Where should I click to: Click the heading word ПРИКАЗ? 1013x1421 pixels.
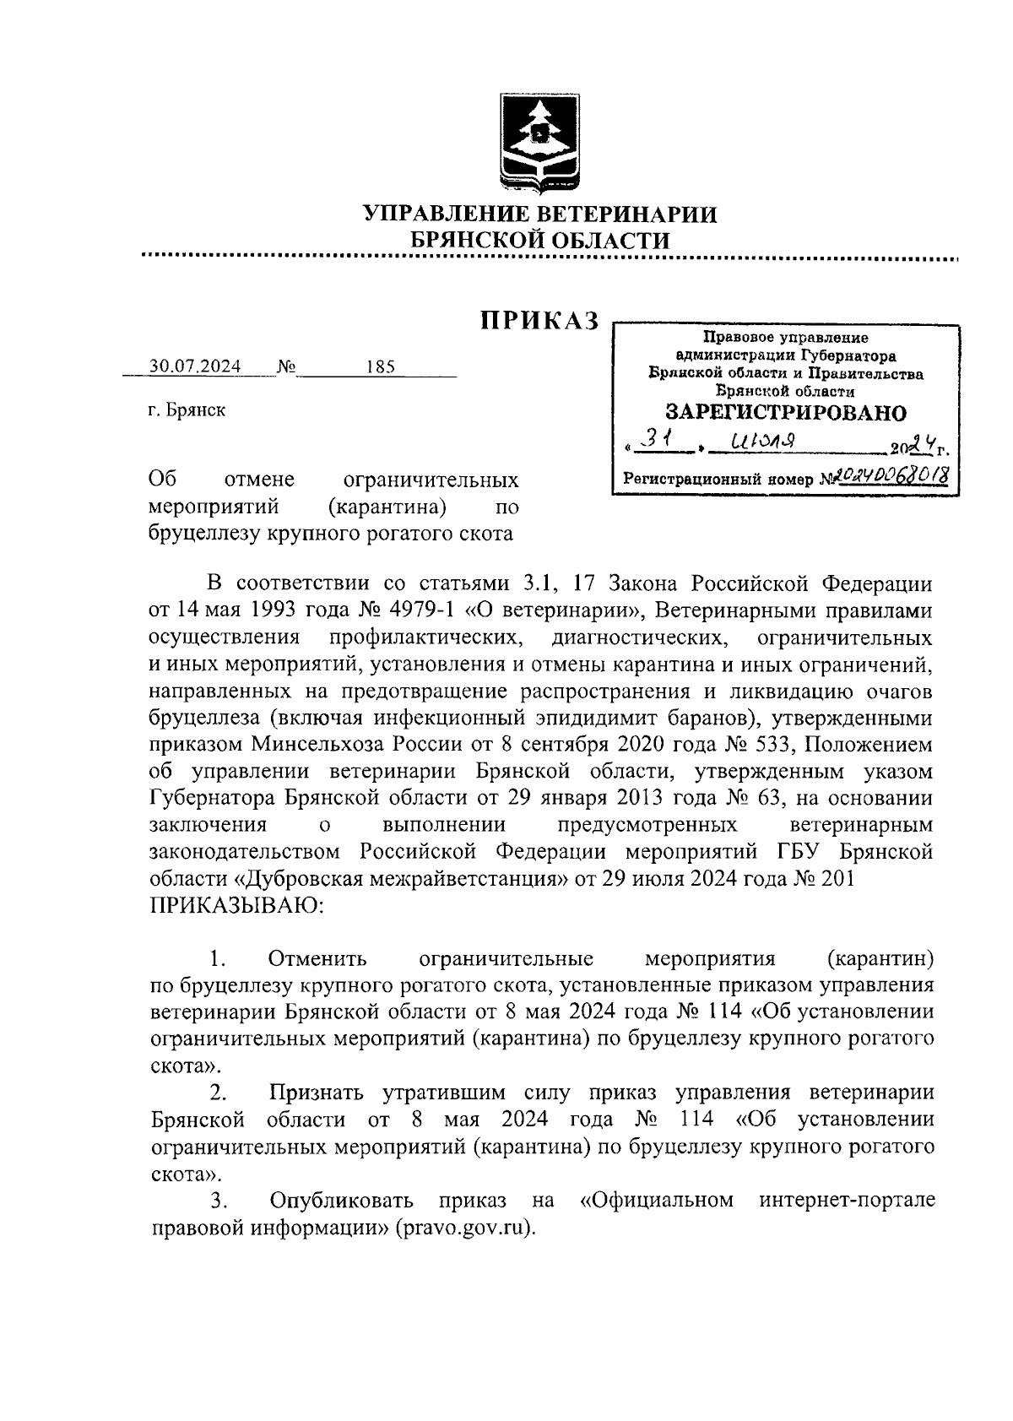539,321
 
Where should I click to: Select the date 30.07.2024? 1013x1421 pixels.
195,367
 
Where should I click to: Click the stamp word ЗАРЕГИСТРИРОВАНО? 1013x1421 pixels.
785,413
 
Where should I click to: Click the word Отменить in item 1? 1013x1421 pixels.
318,960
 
